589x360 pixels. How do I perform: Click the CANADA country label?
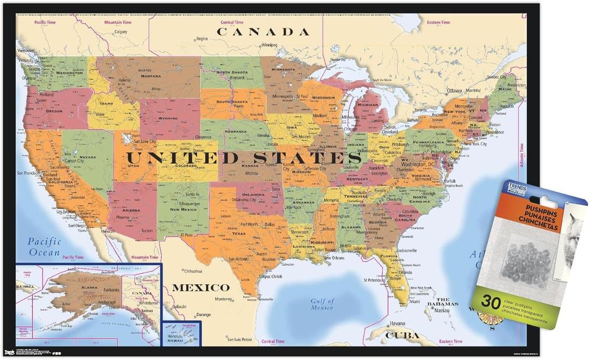(x=263, y=32)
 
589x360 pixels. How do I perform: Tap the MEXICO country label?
(x=201, y=287)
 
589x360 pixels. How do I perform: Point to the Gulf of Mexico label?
(x=322, y=304)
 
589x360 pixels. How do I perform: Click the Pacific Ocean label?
(x=45, y=247)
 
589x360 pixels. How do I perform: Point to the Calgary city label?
(x=121, y=32)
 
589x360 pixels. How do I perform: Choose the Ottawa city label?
(x=454, y=90)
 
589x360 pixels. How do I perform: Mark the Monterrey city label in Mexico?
(x=223, y=299)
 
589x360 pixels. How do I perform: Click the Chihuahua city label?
(x=193, y=271)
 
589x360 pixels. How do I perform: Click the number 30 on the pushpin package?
(x=491, y=303)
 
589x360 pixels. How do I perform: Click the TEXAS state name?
(x=239, y=233)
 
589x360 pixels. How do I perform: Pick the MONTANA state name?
(x=151, y=76)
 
